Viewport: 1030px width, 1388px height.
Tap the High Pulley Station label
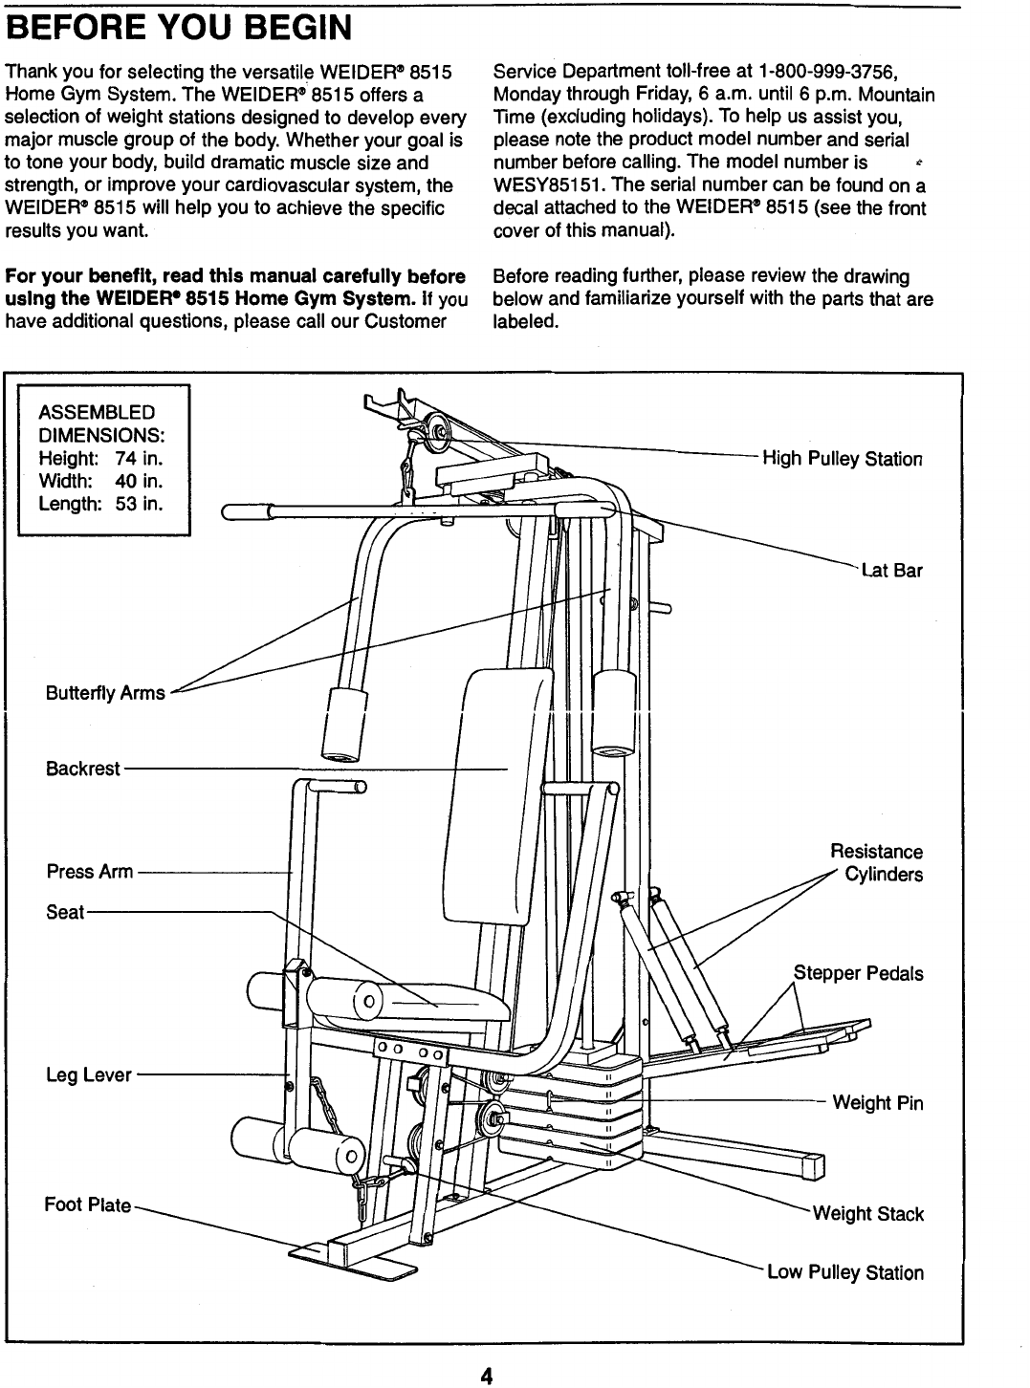coord(842,459)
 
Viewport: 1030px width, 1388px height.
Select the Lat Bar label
coord(891,571)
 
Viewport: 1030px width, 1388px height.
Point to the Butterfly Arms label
coord(105,693)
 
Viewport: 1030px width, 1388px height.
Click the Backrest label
coord(83,769)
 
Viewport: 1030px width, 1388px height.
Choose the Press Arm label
coord(90,872)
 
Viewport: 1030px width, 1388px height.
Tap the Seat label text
coord(65,913)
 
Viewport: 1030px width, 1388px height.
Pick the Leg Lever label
coord(89,1075)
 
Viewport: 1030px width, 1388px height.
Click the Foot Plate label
coord(87,1204)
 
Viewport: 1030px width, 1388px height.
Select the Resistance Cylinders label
coord(876,863)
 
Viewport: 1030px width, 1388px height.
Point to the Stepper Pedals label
coord(858,974)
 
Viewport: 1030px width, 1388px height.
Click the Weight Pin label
coord(877,1103)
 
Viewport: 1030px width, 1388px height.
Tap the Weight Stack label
coord(867,1214)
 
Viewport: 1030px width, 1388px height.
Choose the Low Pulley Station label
coord(846,1272)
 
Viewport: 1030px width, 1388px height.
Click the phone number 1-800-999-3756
coord(828,73)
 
